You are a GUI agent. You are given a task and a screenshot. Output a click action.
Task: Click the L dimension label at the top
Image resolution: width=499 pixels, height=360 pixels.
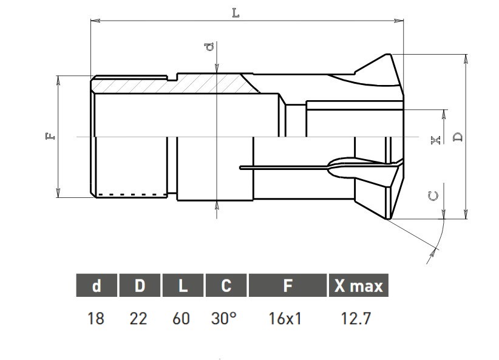point(236,13)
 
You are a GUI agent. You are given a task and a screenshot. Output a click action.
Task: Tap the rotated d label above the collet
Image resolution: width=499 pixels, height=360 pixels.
point(209,47)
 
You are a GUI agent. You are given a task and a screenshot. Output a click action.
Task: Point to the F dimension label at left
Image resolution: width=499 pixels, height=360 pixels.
point(50,136)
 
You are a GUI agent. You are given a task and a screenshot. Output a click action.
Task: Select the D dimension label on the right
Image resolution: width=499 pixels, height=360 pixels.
point(458,137)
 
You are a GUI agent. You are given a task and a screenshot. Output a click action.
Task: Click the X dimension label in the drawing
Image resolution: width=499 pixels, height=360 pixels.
point(435,140)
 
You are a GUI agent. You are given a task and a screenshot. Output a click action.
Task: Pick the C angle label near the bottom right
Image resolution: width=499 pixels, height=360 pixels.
point(433,196)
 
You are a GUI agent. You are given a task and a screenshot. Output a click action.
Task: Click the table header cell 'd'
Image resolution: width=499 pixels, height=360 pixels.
point(97,285)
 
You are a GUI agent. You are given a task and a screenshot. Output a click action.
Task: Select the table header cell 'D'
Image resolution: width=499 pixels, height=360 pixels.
point(140,285)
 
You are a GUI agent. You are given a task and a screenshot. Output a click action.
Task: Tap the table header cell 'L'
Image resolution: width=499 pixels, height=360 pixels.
point(183,285)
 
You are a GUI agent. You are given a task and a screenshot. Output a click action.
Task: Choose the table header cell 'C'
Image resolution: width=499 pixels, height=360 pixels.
point(226,285)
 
